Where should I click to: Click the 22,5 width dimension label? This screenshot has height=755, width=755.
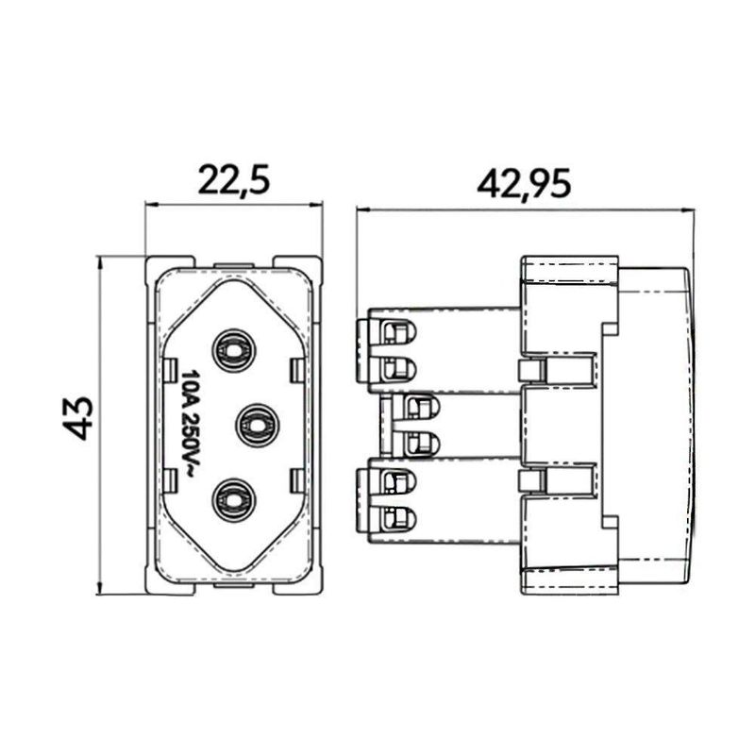(x=234, y=180)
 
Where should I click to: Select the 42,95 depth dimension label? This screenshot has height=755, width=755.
(x=524, y=183)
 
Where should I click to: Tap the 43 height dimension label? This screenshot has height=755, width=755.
(x=77, y=418)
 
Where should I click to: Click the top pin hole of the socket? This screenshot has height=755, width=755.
(x=233, y=350)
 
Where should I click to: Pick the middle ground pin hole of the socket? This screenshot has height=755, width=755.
(x=258, y=426)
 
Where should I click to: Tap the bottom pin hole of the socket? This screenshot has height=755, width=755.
(x=233, y=500)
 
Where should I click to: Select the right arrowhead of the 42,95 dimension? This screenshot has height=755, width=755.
(x=689, y=210)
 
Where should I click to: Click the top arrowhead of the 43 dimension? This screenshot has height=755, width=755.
(x=100, y=263)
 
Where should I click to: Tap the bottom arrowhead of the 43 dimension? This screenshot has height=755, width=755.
(x=100, y=587)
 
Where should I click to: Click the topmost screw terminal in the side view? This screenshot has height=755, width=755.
(x=398, y=332)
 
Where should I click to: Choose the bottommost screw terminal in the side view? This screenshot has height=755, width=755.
(x=398, y=518)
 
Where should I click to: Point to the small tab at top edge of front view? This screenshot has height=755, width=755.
(x=234, y=265)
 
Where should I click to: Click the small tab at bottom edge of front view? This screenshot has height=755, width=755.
(x=234, y=586)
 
